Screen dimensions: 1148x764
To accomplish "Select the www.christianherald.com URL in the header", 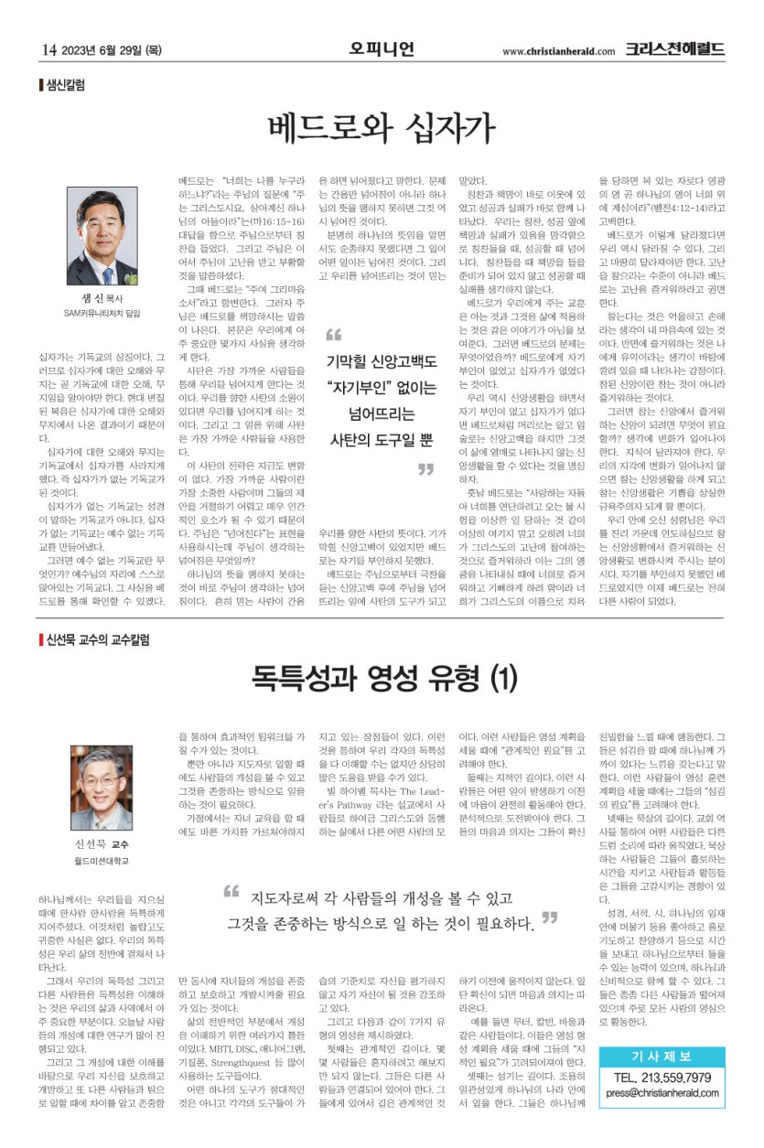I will tap(558, 50).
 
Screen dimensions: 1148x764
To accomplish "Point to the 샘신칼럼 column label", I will tap(65, 85).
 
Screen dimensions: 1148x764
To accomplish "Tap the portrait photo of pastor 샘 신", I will tap(102, 237).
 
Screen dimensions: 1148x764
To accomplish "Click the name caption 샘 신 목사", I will tap(102, 299).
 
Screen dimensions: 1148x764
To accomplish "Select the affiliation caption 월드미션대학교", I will tap(102, 862).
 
